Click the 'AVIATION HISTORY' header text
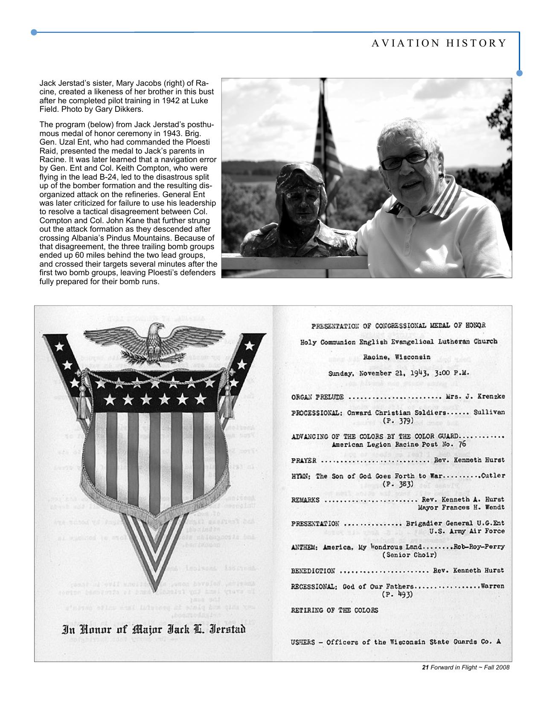point(439,43)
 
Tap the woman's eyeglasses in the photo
point(404,159)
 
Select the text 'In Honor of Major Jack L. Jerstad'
point(154,629)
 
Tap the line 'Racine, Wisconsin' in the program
point(397,357)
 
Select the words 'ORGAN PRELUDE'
point(317,397)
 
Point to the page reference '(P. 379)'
point(399,421)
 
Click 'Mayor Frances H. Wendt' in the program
point(461,507)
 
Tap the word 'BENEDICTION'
point(313,570)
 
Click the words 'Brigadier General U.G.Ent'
point(455,524)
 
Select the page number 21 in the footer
point(425,667)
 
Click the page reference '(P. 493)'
point(398,594)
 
